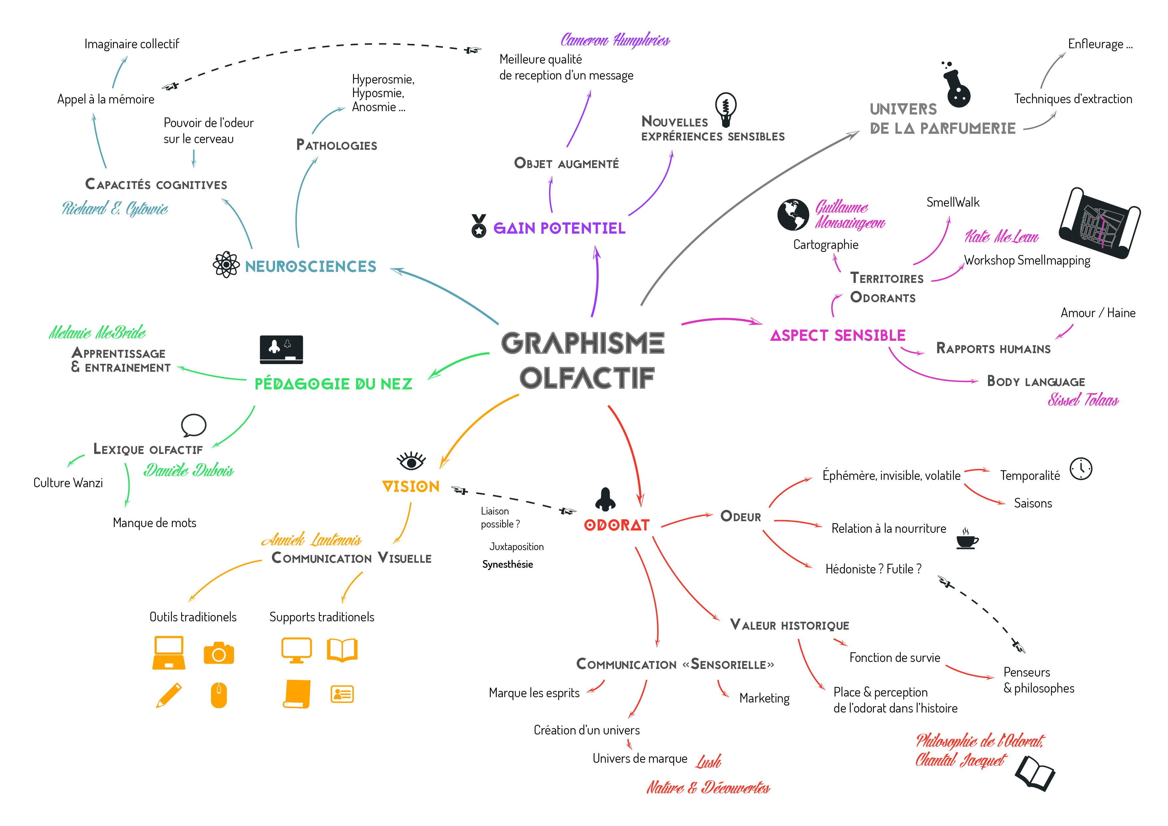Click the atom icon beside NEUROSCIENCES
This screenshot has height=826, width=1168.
[226, 265]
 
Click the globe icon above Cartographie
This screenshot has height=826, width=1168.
[793, 215]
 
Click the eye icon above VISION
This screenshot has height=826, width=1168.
[411, 461]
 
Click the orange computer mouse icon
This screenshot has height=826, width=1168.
[219, 695]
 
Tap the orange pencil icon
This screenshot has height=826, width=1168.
[169, 695]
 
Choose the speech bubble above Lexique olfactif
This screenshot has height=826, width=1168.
[193, 425]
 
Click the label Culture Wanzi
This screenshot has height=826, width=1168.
[68, 483]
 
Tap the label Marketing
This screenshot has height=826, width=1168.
[764, 698]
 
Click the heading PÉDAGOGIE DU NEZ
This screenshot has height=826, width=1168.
[333, 383]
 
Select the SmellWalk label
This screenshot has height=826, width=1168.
[952, 202]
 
